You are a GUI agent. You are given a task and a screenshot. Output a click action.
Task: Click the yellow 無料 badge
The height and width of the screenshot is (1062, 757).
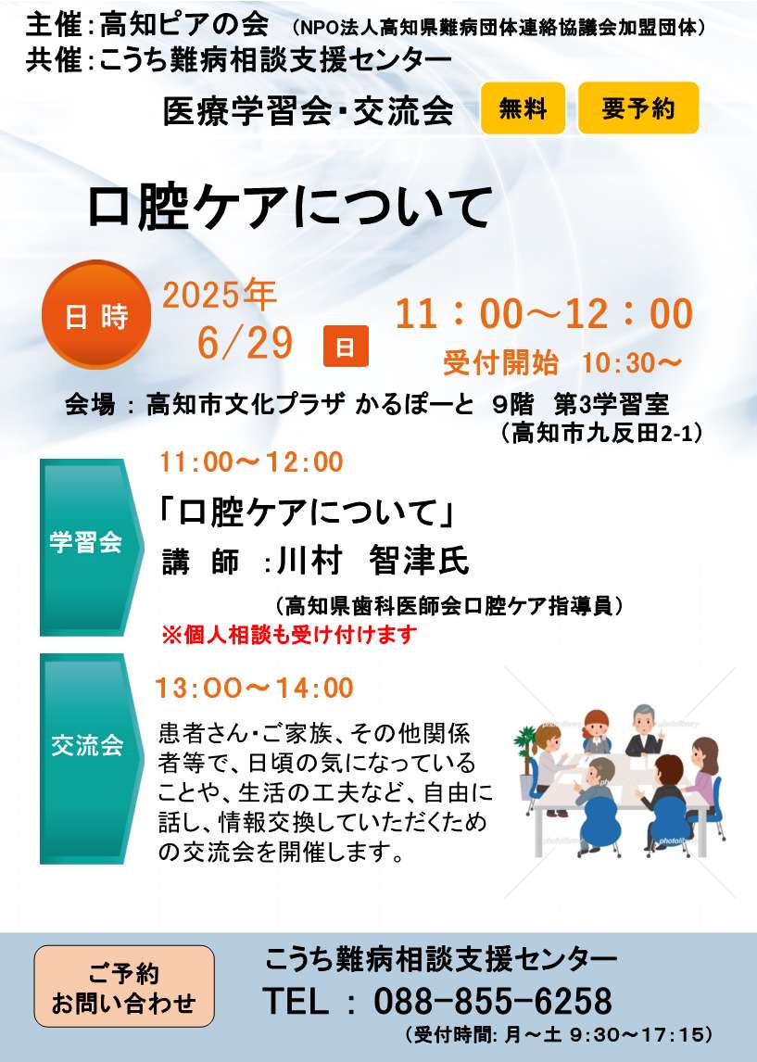click(523, 108)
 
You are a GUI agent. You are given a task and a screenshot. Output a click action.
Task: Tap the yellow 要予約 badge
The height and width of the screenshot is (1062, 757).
click(637, 108)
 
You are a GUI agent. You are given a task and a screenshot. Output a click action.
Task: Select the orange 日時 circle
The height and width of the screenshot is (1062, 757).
click(96, 315)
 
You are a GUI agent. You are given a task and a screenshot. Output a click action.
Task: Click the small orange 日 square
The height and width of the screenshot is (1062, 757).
click(346, 346)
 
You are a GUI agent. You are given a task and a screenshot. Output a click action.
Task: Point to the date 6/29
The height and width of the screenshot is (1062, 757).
click(246, 343)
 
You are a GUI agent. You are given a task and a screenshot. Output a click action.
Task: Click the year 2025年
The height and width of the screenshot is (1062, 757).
click(220, 296)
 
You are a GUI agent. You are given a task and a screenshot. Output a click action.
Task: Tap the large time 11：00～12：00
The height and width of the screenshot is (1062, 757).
click(545, 313)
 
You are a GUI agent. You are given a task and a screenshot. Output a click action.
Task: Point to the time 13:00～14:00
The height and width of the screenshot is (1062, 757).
click(255, 689)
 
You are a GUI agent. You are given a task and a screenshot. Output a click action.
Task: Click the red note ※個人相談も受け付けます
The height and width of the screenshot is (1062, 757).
click(289, 635)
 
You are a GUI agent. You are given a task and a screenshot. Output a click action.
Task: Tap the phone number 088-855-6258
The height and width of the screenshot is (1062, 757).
click(493, 1001)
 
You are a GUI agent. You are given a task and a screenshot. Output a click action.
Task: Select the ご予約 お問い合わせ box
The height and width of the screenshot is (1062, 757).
click(124, 986)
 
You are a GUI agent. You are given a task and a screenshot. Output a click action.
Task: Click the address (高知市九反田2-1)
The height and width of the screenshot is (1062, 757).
click(601, 432)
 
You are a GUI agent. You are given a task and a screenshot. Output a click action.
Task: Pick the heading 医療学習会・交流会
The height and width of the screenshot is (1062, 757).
click(308, 110)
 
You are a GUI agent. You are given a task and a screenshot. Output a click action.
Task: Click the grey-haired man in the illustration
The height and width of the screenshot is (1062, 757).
click(643, 731)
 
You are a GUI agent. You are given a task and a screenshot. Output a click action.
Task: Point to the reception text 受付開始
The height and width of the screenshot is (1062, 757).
click(501, 363)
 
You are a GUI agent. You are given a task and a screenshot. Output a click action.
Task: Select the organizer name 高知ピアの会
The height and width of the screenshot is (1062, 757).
click(183, 26)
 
